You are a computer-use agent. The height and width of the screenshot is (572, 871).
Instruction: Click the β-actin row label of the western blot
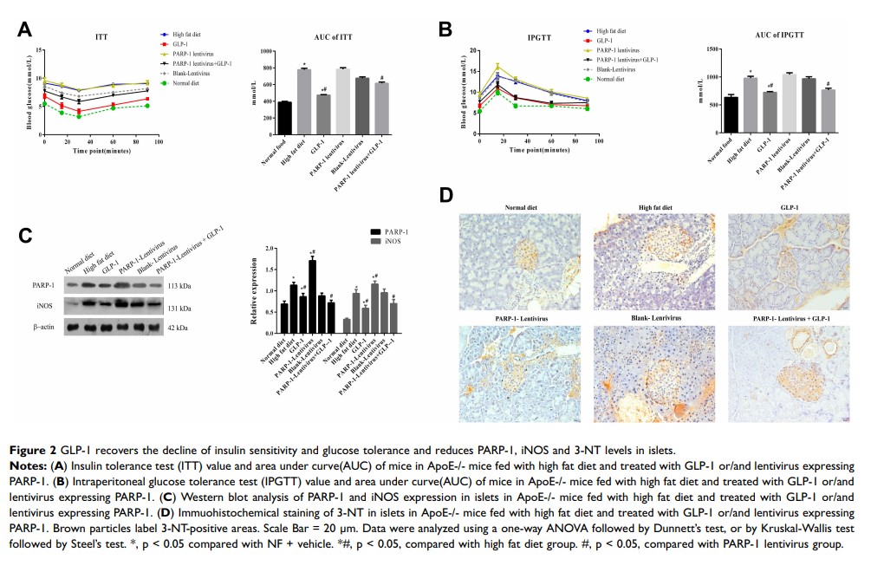click(x=45, y=328)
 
